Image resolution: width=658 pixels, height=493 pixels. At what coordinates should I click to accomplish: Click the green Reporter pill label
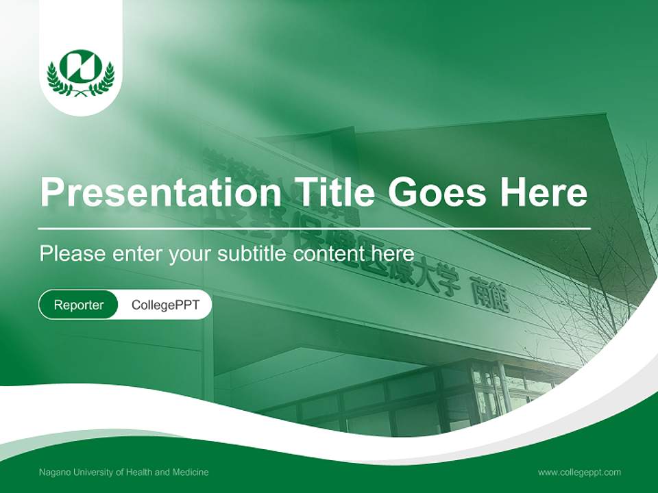click(79, 305)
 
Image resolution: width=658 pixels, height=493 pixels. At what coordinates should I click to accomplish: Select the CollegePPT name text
click(165, 305)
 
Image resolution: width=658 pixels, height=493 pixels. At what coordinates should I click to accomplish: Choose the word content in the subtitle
click(327, 254)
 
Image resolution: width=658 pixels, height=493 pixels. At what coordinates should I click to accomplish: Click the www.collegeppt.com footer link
click(579, 472)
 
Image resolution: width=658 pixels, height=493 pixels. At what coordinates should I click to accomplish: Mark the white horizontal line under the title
click(315, 227)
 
